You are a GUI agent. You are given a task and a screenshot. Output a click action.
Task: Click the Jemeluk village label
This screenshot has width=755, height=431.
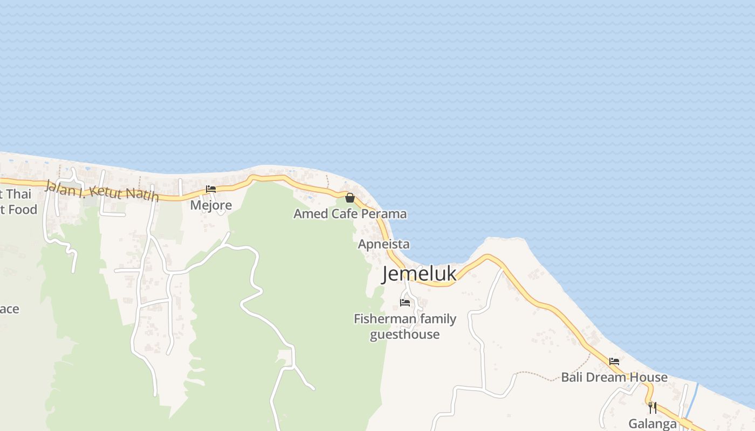coord(419,274)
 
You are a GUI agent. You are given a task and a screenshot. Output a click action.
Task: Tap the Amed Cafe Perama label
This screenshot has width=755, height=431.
coord(350,214)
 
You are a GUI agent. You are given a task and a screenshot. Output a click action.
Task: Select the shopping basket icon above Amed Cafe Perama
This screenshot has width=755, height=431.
coord(350,198)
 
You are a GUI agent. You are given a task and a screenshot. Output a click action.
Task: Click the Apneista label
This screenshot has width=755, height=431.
coord(383,245)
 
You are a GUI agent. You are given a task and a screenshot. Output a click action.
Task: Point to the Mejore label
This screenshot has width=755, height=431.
coord(211,205)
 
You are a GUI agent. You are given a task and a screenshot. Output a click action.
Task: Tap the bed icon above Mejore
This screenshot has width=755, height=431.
coord(211,189)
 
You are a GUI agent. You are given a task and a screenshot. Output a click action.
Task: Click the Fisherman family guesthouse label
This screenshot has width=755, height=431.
coord(405,326)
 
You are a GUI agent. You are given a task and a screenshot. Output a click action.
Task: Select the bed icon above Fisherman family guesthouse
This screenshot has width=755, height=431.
coord(405,302)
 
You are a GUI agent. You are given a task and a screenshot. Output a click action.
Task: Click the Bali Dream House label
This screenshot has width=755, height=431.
coord(614,377)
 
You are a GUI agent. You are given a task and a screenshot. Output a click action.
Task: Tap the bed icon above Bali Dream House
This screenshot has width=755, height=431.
coord(614,362)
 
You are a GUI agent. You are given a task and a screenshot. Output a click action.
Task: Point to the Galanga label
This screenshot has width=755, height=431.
coord(653,424)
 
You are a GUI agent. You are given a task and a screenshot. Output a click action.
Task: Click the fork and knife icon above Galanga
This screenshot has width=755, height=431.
coord(653,407)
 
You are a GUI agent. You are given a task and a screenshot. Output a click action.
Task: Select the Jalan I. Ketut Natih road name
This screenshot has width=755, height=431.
coord(102,190)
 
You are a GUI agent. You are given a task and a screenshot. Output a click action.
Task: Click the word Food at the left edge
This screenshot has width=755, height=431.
coord(22,210)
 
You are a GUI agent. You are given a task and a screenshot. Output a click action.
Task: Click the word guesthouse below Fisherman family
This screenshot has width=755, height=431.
coord(404,335)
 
